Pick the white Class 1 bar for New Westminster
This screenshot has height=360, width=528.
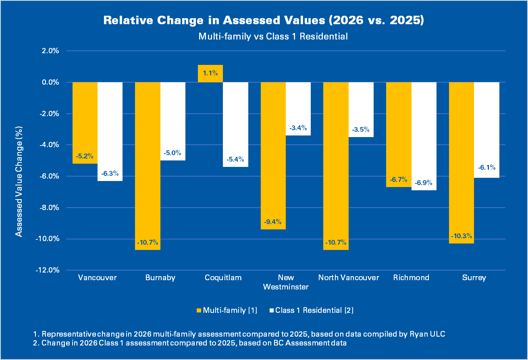pos(298,108)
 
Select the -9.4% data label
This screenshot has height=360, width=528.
pos(273,222)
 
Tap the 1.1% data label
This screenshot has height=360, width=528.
pos(210,73)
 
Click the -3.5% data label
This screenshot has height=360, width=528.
pos(361,130)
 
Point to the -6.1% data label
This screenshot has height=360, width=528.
pos(487,168)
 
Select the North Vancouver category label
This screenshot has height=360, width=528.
pos(349,277)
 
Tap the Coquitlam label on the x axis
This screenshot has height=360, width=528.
pos(223,277)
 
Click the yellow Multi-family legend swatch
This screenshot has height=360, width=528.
pos(198,310)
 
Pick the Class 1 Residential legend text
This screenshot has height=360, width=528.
pos(314,310)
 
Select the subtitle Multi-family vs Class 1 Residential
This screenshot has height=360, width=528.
pos(273,36)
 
